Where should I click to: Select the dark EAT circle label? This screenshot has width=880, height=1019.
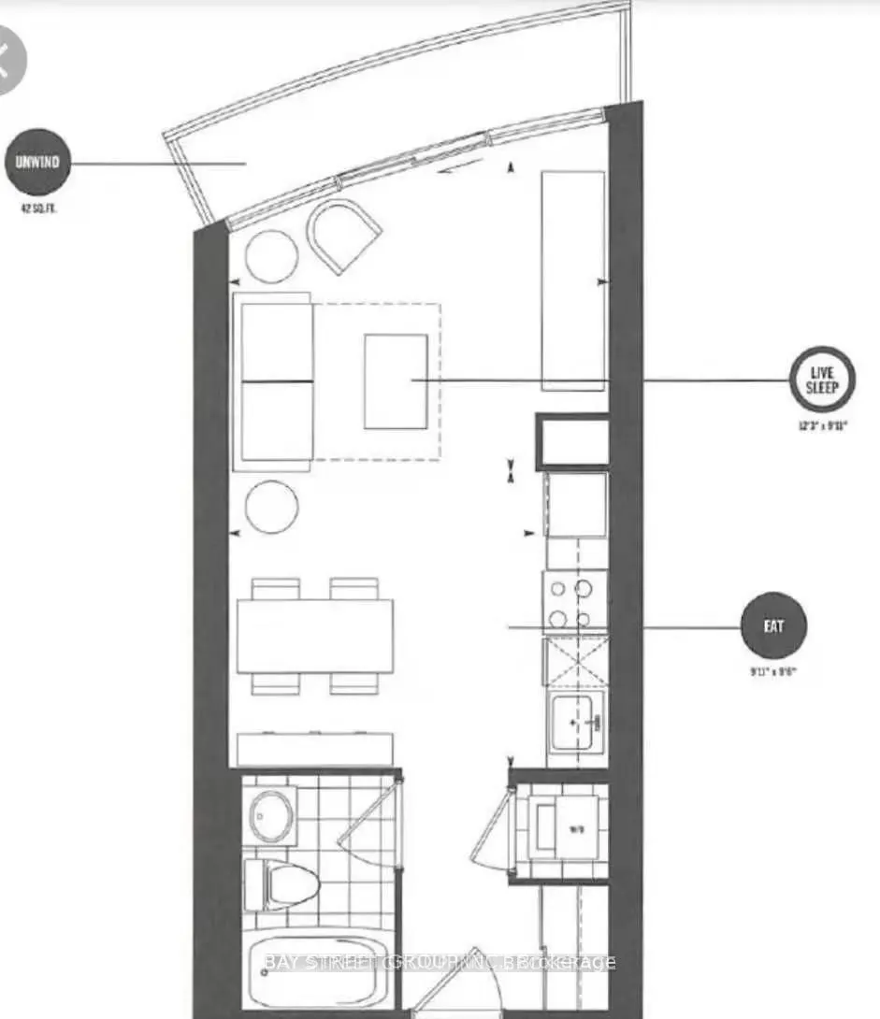point(772,626)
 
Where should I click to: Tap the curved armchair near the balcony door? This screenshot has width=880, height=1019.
point(344,237)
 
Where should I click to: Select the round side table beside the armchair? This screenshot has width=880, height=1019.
point(271,254)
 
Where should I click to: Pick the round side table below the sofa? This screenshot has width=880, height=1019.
point(271,507)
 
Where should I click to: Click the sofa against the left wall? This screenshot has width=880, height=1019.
point(276,380)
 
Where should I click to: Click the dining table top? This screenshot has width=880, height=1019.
point(315,636)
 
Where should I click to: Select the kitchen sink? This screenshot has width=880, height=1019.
point(575,721)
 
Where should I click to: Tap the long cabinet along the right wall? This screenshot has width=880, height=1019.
point(572,280)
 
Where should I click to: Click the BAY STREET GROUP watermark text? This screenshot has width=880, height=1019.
point(440,962)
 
